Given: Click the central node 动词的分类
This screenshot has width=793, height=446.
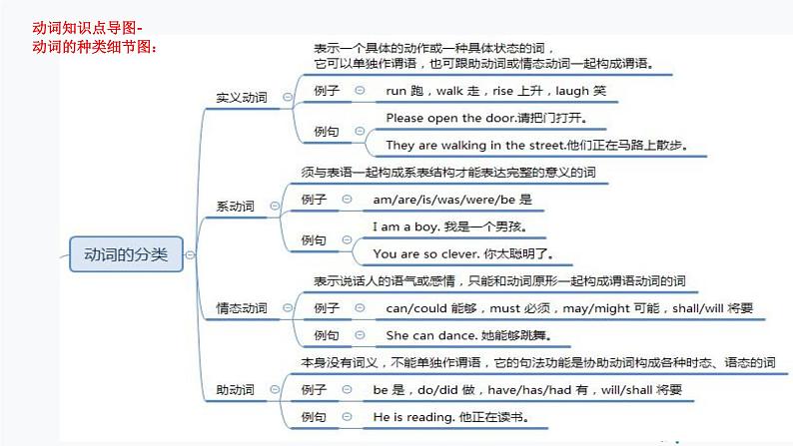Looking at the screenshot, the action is (x=126, y=254).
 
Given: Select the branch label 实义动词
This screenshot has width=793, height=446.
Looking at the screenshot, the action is (x=242, y=98).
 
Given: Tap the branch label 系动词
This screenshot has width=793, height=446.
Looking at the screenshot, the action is (x=236, y=207).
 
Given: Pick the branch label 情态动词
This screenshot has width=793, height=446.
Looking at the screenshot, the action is (x=242, y=309).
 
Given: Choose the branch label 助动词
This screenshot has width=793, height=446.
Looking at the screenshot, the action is (x=236, y=389).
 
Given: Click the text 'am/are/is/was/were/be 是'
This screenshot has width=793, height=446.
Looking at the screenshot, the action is (x=452, y=200).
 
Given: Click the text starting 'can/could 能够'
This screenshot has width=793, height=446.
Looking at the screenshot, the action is (x=569, y=308).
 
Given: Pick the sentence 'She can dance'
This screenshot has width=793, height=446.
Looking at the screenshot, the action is (x=467, y=335).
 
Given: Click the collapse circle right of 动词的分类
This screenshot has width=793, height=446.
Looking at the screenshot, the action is (x=190, y=255).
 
